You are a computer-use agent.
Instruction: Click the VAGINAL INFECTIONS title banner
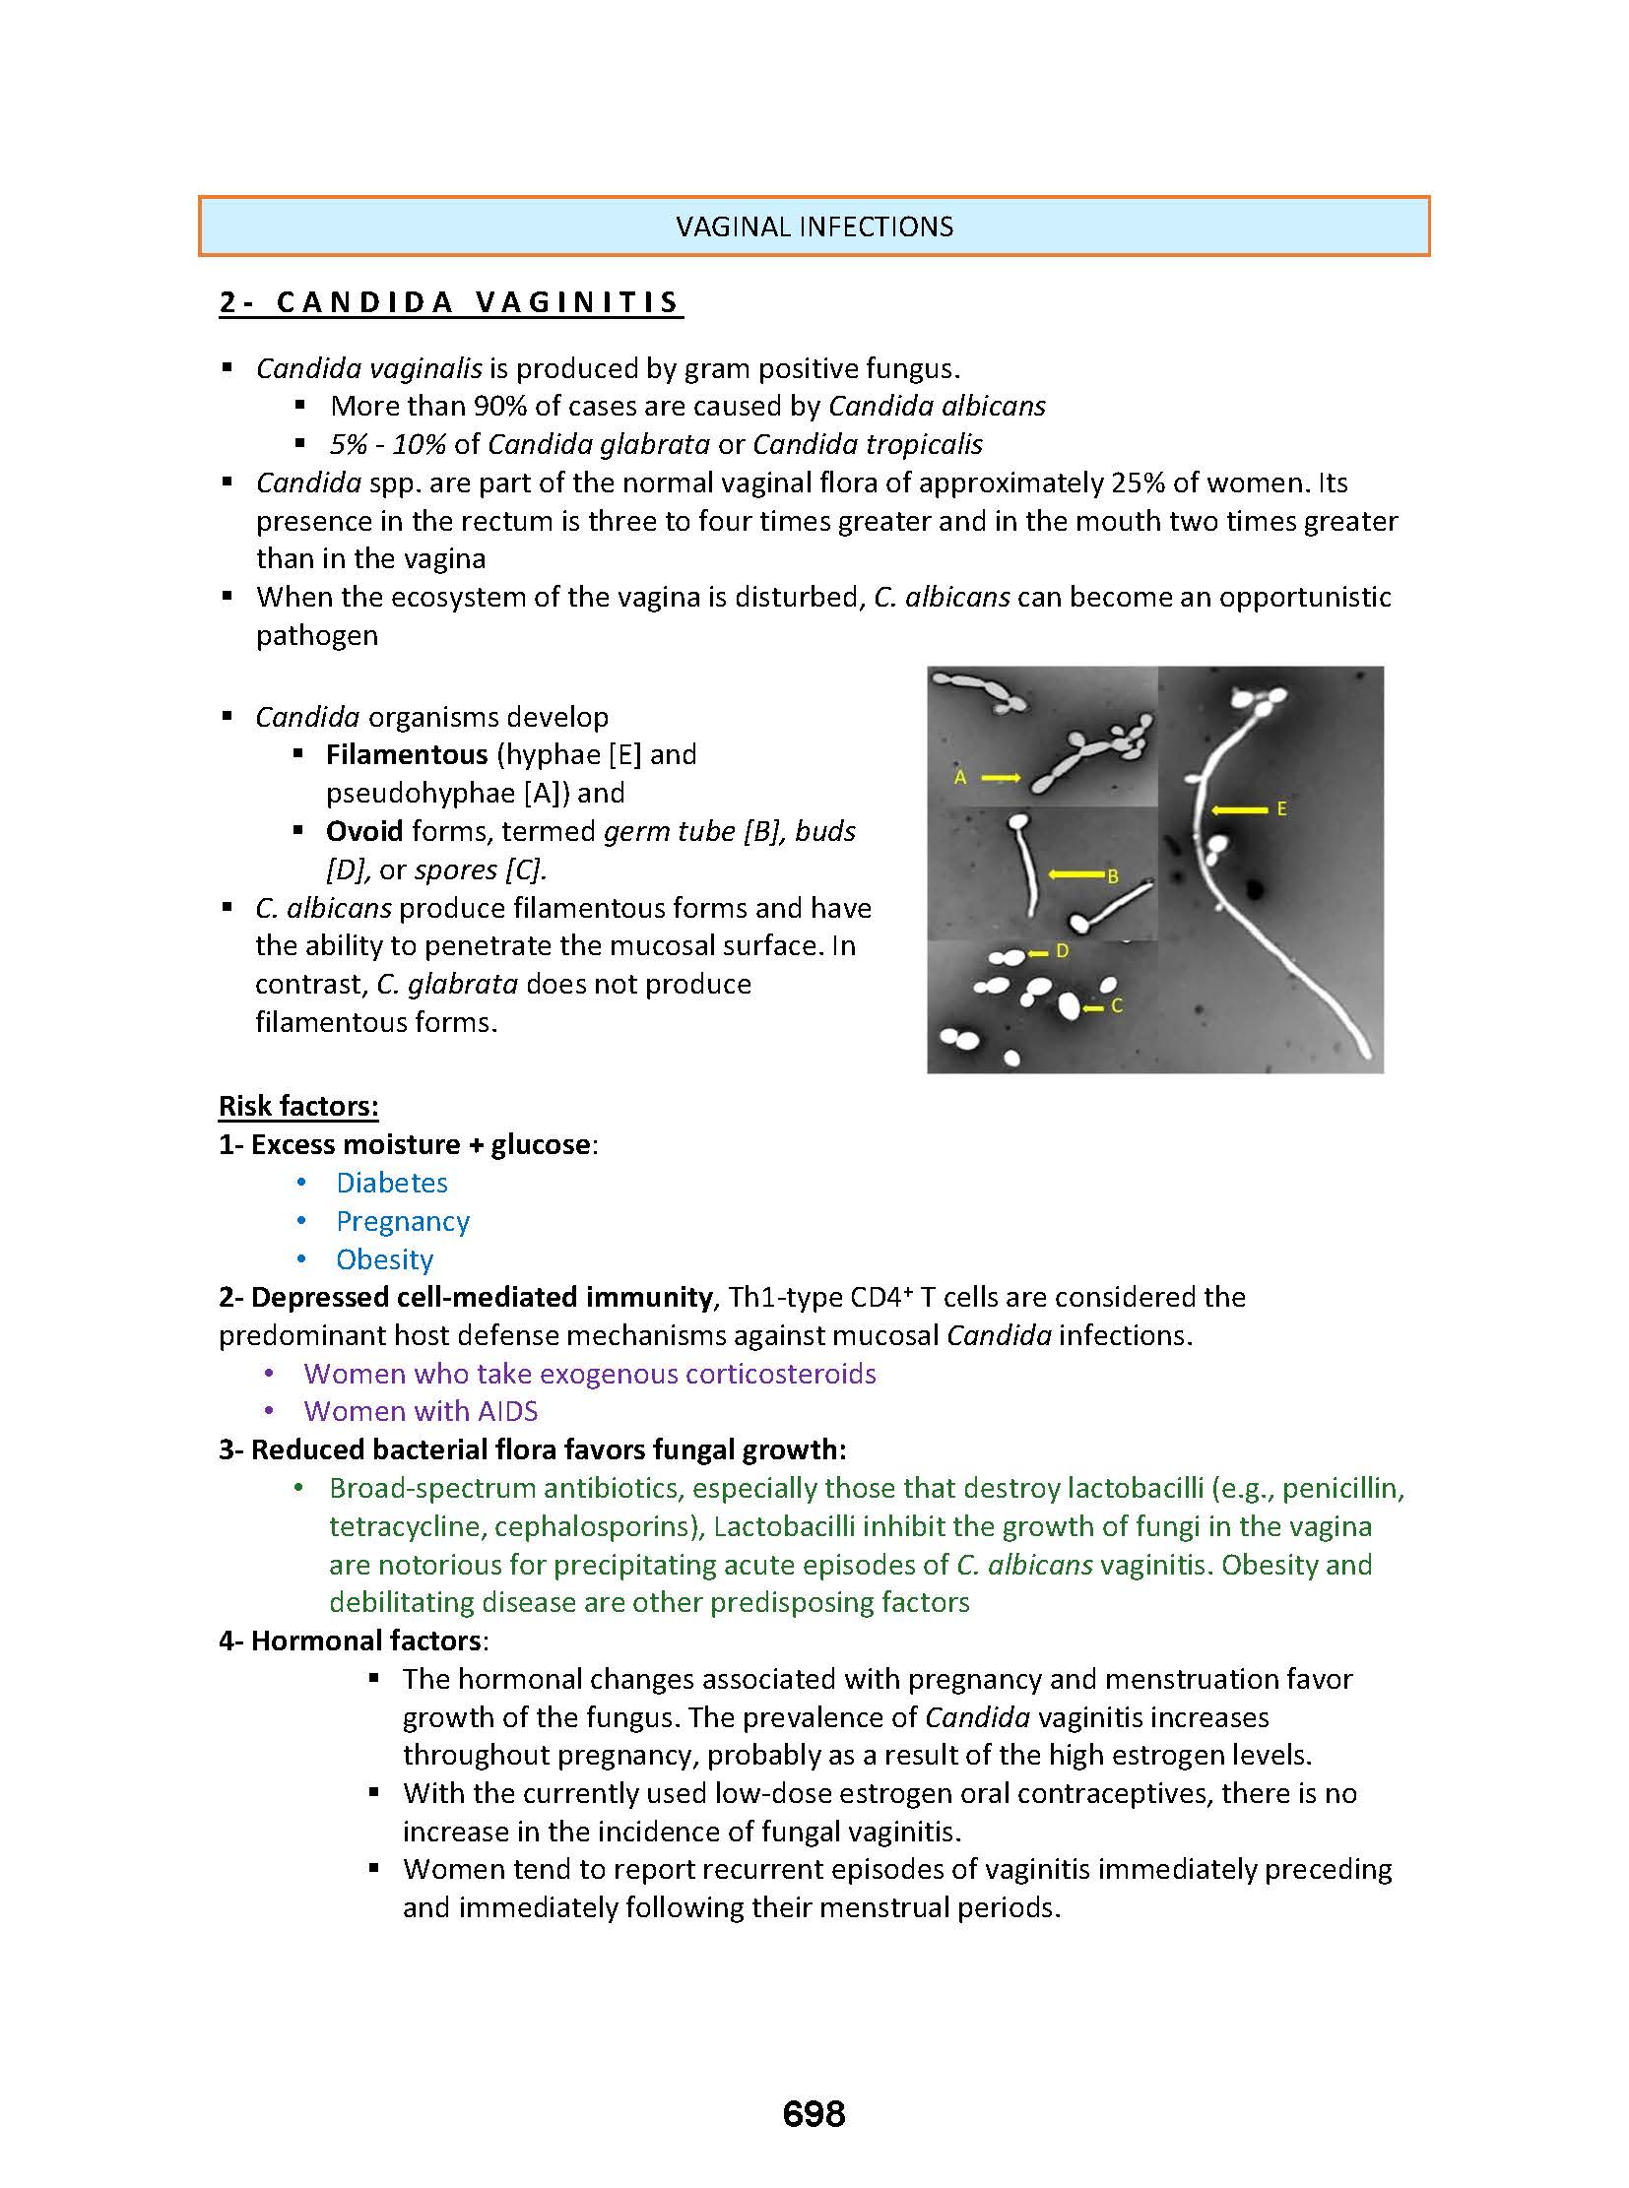click(814, 226)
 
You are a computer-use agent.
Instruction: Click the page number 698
click(814, 2114)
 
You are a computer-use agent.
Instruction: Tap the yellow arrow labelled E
click(1240, 809)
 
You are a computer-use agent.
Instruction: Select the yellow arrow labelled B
click(1075, 874)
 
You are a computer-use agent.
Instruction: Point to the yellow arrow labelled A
click(1001, 778)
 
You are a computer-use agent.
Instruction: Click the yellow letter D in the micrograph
click(1062, 951)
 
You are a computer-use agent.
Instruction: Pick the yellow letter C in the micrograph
click(1117, 1006)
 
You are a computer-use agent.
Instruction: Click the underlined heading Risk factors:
click(298, 1106)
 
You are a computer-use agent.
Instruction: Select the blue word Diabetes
click(391, 1183)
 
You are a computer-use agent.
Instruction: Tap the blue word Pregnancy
click(402, 1221)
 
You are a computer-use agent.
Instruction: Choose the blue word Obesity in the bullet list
click(384, 1259)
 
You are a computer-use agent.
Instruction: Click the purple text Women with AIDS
click(422, 1411)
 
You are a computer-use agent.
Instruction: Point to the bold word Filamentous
click(406, 754)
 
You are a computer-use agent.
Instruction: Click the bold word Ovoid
click(363, 831)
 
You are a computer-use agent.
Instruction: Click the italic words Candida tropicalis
click(868, 444)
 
